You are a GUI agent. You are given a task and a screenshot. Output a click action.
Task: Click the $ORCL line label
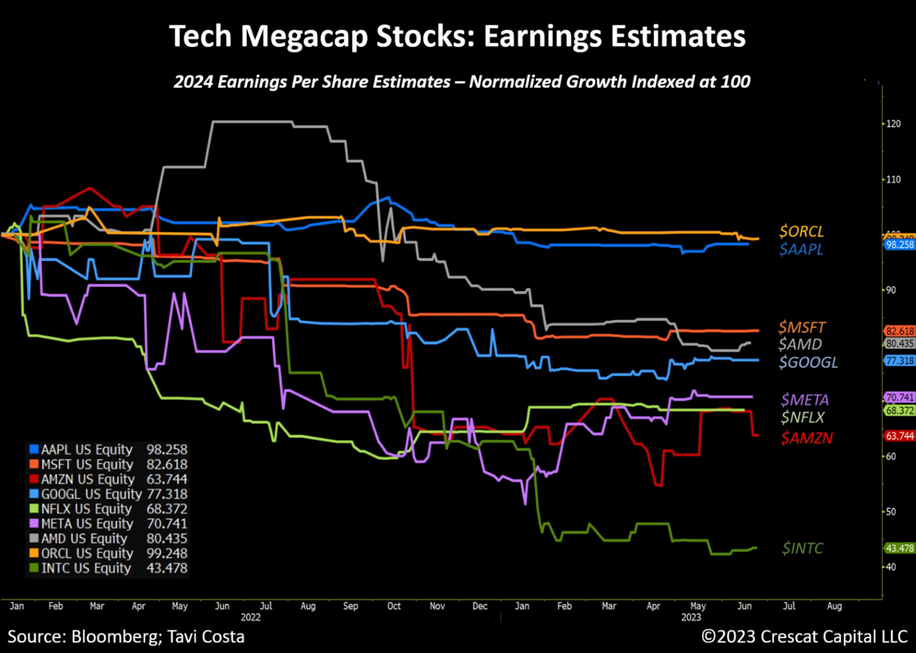click(801, 231)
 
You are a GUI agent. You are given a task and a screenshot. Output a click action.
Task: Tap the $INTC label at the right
click(802, 548)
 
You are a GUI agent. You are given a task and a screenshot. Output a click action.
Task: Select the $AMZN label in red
click(807, 438)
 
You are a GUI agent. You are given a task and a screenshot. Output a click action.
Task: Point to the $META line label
click(805, 400)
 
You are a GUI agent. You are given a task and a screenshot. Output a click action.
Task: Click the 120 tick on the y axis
click(893, 124)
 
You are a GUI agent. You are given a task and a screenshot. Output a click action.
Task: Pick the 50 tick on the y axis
click(890, 512)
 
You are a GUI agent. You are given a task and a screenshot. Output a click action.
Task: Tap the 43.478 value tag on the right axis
click(899, 548)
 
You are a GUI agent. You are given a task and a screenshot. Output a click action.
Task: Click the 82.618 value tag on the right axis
click(899, 332)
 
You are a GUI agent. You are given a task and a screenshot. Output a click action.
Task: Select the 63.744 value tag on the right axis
click(899, 436)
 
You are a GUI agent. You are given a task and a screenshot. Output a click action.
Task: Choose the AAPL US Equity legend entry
click(86, 449)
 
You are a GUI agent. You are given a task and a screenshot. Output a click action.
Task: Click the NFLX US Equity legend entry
click(86, 509)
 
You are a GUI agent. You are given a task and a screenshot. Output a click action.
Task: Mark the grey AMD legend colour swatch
click(34, 538)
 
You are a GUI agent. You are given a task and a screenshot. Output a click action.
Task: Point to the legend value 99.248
click(167, 553)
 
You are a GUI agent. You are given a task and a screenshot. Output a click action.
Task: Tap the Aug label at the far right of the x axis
click(834, 606)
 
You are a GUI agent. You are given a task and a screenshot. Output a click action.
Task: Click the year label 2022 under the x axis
click(250, 617)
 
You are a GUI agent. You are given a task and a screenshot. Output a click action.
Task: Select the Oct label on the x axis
click(394, 606)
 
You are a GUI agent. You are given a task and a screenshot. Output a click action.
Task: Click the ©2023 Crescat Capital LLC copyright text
click(804, 636)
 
